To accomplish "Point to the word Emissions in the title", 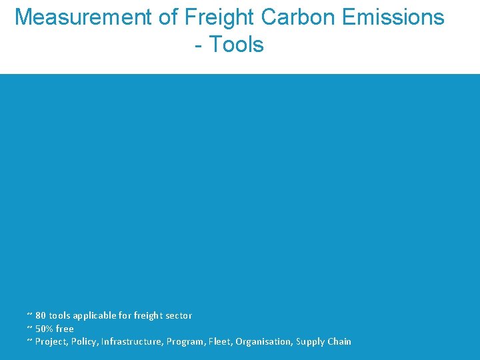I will (393, 17).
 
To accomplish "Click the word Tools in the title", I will (237, 45).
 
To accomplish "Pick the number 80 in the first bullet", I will (41, 315).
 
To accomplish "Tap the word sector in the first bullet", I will (179, 315).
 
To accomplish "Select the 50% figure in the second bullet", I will (45, 329).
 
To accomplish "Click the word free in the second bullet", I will (65, 329).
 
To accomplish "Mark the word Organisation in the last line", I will (264, 341).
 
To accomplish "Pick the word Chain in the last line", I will (340, 341).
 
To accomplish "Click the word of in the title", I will (167, 17).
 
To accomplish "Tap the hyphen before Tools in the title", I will (199, 46).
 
